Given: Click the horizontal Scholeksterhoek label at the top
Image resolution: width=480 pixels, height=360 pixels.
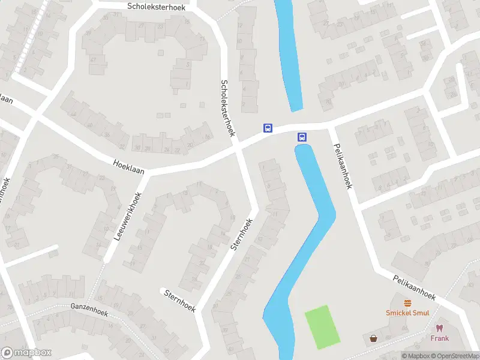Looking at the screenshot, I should (157, 6).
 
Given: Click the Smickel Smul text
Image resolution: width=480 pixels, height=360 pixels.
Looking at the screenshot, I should (407, 313).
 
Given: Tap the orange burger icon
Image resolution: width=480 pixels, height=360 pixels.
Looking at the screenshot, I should (408, 303).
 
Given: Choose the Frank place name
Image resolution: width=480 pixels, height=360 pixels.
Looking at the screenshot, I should (439, 338).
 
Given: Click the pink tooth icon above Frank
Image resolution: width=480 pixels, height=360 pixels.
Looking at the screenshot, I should (439, 328).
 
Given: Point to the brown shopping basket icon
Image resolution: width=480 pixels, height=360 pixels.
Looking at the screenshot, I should (374, 338).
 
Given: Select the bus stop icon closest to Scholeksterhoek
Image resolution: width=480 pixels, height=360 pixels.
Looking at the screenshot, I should (268, 128).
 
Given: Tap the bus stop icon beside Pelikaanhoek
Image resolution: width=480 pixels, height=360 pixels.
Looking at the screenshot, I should (302, 137).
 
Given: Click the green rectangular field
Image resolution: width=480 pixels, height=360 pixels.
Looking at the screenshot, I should (322, 327).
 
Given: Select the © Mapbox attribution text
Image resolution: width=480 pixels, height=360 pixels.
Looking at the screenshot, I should (416, 356).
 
